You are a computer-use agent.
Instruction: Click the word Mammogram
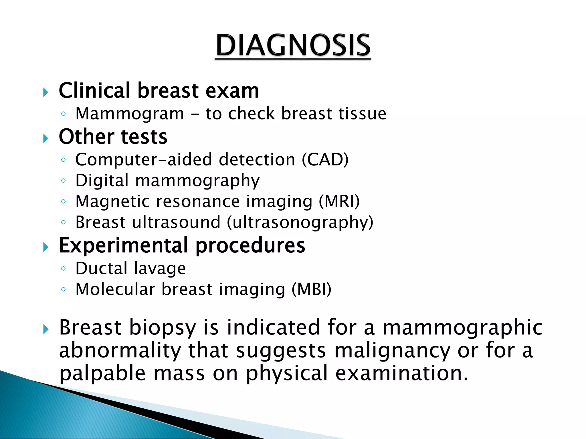[x=130, y=114]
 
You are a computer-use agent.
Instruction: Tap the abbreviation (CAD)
[x=325, y=159]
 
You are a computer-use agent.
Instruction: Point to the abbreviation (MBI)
[x=311, y=289]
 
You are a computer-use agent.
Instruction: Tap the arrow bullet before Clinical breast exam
[x=46, y=92]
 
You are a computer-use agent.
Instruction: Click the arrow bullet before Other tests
[x=46, y=139]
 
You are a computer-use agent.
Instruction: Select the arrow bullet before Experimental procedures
[x=46, y=247]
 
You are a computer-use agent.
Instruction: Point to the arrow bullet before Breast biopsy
[x=46, y=330]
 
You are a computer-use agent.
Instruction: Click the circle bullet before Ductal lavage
[x=64, y=268]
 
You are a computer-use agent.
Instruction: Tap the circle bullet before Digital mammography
[x=64, y=181]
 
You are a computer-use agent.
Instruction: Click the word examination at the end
[x=402, y=373]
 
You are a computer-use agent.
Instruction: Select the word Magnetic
[x=112, y=201]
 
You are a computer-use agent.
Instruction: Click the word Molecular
[x=115, y=289]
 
